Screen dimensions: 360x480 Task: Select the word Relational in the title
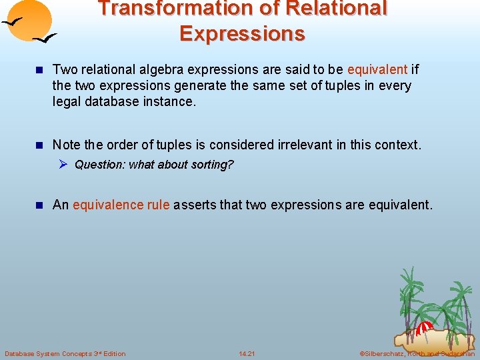[x=336, y=9]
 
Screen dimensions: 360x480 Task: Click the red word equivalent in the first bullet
[x=377, y=69]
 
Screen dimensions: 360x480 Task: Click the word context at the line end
[x=399, y=145]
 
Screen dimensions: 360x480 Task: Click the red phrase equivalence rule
[x=121, y=205]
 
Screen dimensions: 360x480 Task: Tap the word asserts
[x=194, y=205]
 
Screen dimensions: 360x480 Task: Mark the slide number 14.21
[x=247, y=353]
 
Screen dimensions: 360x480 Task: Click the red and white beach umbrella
[x=423, y=328]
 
